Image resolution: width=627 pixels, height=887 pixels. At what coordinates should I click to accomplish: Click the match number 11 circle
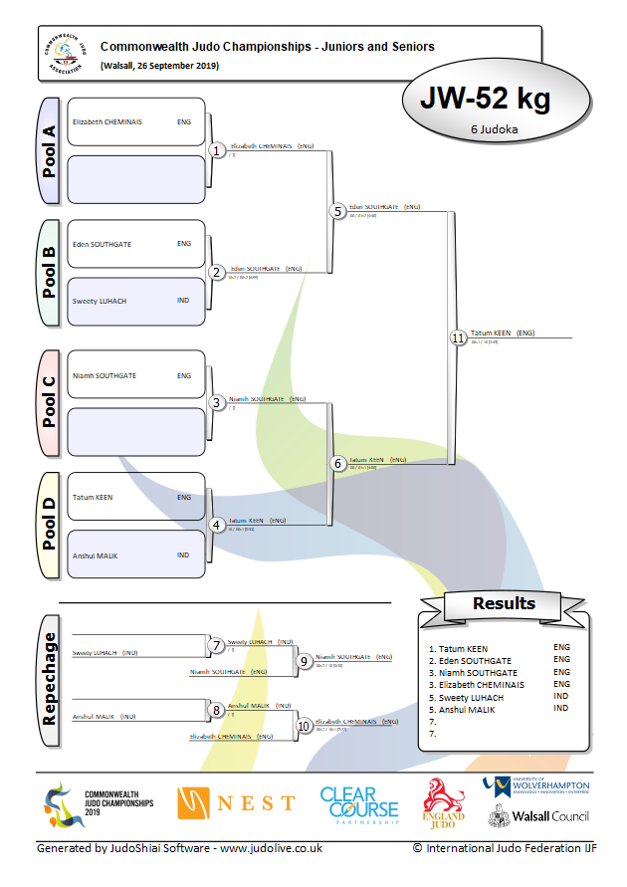click(458, 338)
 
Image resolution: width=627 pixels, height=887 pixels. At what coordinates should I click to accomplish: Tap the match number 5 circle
click(337, 212)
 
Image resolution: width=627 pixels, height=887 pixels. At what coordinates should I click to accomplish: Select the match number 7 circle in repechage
click(216, 646)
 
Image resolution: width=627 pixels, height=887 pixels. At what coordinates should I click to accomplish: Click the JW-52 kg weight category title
click(485, 100)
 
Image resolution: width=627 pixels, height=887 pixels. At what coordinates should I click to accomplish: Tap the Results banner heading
click(504, 603)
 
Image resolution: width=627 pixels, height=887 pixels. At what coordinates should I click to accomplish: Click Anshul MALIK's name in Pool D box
click(95, 555)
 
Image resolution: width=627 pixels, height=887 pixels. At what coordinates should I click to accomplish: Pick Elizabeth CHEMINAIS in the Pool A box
click(107, 122)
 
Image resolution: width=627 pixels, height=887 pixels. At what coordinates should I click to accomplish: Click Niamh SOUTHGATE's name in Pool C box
click(104, 376)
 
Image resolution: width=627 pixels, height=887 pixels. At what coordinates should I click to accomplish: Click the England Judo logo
click(445, 802)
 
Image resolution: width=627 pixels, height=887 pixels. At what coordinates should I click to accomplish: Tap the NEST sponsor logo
click(236, 802)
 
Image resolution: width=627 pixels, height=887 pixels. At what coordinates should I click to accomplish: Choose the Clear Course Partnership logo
click(358, 805)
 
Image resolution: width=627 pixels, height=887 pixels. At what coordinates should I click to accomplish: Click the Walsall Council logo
click(537, 816)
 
